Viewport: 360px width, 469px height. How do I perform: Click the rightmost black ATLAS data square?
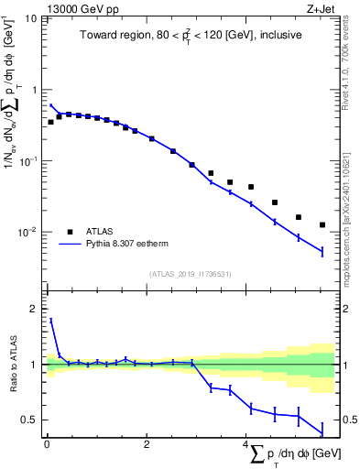point(322,224)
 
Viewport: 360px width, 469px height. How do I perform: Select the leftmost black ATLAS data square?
point(50,122)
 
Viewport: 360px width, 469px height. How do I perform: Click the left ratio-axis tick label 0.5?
point(29,420)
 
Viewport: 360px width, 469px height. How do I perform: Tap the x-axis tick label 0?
point(46,444)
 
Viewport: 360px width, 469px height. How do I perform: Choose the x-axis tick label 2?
point(147,444)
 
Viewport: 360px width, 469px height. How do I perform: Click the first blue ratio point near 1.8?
point(50,320)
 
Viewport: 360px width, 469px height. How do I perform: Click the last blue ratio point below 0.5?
point(322,431)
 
